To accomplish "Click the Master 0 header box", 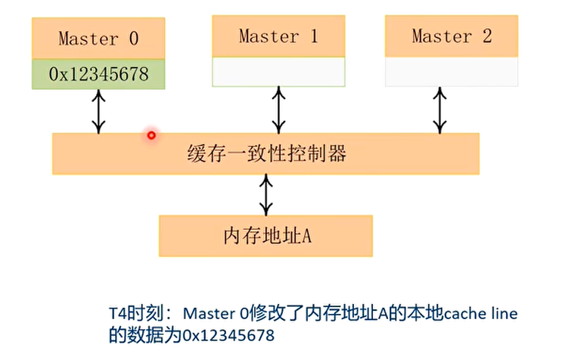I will tap(98, 38).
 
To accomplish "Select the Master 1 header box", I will tap(278, 36).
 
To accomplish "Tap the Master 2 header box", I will tap(452, 36).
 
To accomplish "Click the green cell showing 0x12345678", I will tap(98, 74).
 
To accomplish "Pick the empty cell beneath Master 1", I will tap(278, 71).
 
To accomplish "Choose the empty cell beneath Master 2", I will tap(452, 71).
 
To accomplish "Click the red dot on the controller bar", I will tap(151, 135).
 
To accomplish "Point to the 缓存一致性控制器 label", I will tap(265, 154).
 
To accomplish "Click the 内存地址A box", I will tap(265, 235).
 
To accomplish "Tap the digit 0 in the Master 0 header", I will tap(134, 39).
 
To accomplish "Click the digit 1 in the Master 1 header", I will tap(313, 36).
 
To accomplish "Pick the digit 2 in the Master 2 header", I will tap(486, 36).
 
